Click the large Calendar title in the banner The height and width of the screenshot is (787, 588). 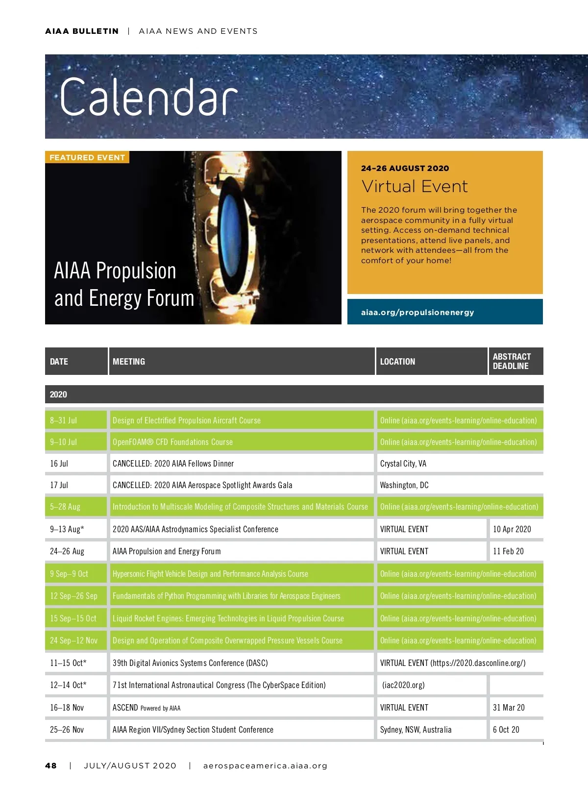coord(148,97)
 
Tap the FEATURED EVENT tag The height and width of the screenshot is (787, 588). coord(87,157)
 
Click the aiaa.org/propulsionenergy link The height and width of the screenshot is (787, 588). coord(417,312)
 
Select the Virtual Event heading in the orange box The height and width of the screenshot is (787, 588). coord(415,187)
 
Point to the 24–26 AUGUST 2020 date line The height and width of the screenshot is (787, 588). coord(405,168)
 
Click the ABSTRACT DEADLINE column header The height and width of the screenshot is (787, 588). coord(512,361)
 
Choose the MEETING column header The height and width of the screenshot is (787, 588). coord(129,362)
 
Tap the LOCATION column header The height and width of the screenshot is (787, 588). coord(397,362)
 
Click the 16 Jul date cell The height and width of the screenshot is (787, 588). coord(59,464)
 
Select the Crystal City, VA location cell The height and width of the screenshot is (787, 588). coord(403,464)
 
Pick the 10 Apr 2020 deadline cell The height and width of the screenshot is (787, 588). coord(512,529)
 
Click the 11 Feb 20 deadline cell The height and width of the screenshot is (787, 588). coord(508,551)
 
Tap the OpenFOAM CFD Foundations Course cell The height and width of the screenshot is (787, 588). coord(172,442)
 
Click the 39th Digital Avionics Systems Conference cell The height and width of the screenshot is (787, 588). coord(190,663)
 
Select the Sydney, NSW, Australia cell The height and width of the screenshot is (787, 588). coord(416,730)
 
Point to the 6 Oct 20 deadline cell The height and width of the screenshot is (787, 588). coord(506,730)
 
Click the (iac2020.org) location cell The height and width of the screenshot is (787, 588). coord(403,685)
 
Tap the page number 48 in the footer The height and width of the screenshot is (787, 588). coord(51,765)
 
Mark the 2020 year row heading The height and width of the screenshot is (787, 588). coord(58,394)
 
